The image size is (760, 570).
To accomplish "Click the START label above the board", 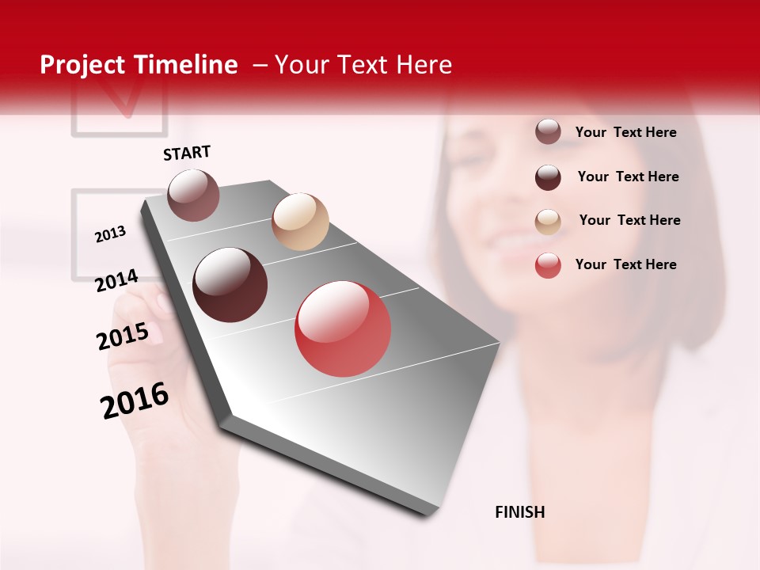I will [x=187, y=153].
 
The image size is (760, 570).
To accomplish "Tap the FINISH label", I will [x=519, y=512].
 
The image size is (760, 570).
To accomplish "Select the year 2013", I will [x=110, y=234].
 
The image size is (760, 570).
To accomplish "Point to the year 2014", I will [x=116, y=281].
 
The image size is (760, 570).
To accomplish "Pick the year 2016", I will [x=135, y=401].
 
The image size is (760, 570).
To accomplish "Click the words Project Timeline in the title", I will [x=139, y=65].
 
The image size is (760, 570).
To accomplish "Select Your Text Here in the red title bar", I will [x=363, y=65].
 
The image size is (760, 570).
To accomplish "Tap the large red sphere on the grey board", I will [x=343, y=329].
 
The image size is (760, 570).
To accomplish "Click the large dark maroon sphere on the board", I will [x=230, y=285].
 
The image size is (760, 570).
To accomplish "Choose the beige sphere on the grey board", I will [x=300, y=222].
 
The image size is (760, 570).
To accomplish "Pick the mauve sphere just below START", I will [x=193, y=195].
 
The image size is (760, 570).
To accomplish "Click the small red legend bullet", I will [x=548, y=265].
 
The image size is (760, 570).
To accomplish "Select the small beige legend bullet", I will [x=548, y=222].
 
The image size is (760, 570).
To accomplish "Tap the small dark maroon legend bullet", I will [x=548, y=177].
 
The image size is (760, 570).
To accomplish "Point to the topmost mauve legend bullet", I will [x=548, y=131].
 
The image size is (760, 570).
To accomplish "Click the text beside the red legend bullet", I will [x=625, y=264].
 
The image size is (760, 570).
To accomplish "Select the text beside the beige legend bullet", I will [x=629, y=220].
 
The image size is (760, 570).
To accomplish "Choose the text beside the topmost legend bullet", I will [x=625, y=132].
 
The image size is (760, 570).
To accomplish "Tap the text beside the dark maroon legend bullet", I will [x=628, y=177].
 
